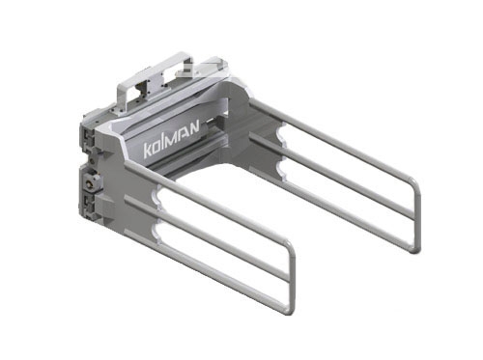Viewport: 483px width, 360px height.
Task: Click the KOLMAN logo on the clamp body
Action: click(x=171, y=139)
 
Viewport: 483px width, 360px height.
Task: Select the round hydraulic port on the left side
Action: click(x=90, y=183)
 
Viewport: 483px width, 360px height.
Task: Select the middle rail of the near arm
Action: click(x=206, y=239)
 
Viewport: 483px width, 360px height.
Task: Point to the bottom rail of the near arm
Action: click(x=206, y=271)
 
